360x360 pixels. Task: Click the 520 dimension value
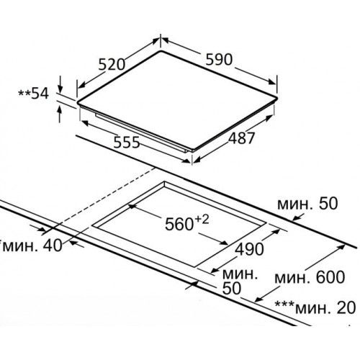click(x=112, y=65)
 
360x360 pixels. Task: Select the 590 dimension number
click(x=219, y=59)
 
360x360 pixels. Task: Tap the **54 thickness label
click(x=34, y=94)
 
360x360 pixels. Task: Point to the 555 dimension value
click(x=126, y=143)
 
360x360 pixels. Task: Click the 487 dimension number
click(x=241, y=138)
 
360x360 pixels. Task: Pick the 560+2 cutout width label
click(x=187, y=223)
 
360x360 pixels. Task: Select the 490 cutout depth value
click(x=249, y=249)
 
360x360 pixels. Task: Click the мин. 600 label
click(x=310, y=277)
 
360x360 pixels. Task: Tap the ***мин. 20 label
click(x=315, y=307)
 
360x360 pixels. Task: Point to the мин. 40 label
click(x=31, y=246)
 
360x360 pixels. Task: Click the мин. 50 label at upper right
click(x=307, y=204)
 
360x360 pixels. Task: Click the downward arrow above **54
click(x=60, y=84)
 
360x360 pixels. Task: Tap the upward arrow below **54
click(x=60, y=114)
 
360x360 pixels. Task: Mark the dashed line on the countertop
click(x=103, y=198)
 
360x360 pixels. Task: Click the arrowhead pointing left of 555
click(x=86, y=122)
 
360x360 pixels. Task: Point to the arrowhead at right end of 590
click(x=272, y=81)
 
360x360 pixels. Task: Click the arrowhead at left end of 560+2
click(x=132, y=207)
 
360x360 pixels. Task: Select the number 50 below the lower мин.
click(x=232, y=288)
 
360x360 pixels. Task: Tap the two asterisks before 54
click(x=24, y=92)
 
